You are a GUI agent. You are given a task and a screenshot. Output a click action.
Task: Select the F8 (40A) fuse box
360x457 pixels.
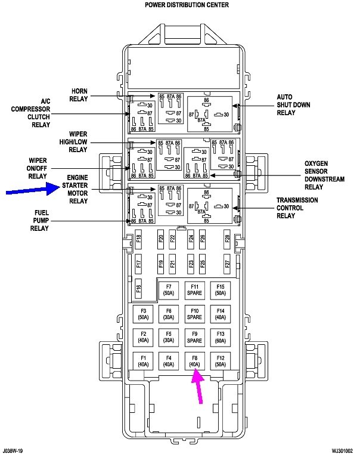click(194, 360)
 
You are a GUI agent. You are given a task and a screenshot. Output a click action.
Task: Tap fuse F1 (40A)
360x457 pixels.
click(143, 360)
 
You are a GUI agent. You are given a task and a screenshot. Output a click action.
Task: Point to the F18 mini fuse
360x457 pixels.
click(138, 240)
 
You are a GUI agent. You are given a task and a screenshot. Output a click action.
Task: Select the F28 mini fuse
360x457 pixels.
click(227, 240)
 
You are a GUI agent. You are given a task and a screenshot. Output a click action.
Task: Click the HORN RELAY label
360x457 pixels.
click(79, 95)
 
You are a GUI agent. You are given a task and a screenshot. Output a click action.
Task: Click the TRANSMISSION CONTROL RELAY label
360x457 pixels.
click(297, 208)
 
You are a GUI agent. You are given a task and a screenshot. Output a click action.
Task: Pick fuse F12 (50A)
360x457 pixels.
click(221, 360)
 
